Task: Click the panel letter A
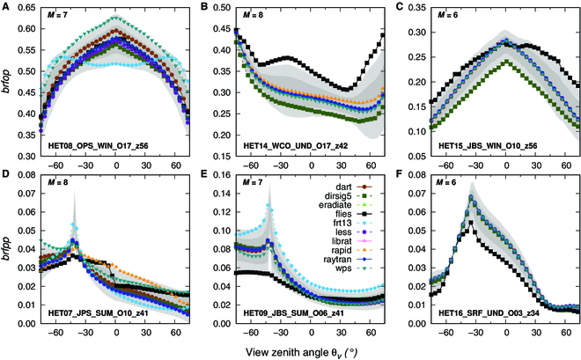click(x=6, y=6)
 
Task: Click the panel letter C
click(x=396, y=6)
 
